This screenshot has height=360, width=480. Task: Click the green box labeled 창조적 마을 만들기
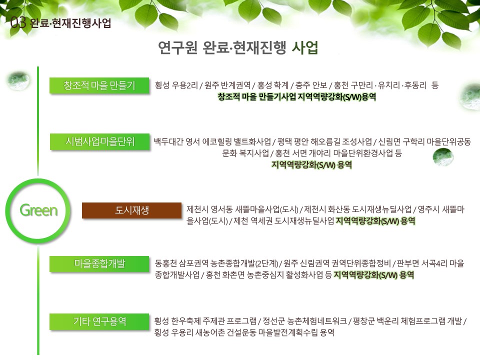click(99, 85)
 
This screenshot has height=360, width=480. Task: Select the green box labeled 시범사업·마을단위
click(100, 141)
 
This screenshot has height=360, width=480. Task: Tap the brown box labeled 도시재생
click(131, 210)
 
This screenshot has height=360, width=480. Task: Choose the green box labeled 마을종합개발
click(99, 264)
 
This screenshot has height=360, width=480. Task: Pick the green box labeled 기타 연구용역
click(99, 321)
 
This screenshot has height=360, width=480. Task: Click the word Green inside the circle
click(38, 210)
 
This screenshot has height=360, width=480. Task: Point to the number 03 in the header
click(18, 22)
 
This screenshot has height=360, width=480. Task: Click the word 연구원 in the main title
click(177, 47)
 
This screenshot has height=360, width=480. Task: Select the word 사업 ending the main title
click(305, 47)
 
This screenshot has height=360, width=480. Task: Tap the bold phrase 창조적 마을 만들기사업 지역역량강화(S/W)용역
click(296, 97)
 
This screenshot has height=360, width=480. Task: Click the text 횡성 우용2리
click(176, 85)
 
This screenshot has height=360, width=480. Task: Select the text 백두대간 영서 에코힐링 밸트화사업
click(212, 141)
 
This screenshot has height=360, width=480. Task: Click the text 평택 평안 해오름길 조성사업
click(324, 141)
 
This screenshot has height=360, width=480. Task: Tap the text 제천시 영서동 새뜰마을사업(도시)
click(242, 209)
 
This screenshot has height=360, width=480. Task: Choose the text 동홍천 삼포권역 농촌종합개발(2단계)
click(216, 263)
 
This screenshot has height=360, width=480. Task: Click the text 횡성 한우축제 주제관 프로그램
click(205, 321)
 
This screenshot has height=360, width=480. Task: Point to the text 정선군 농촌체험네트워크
click(305, 321)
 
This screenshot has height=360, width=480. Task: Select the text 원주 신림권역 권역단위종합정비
click(337, 263)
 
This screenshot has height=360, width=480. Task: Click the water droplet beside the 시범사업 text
click(443, 156)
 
